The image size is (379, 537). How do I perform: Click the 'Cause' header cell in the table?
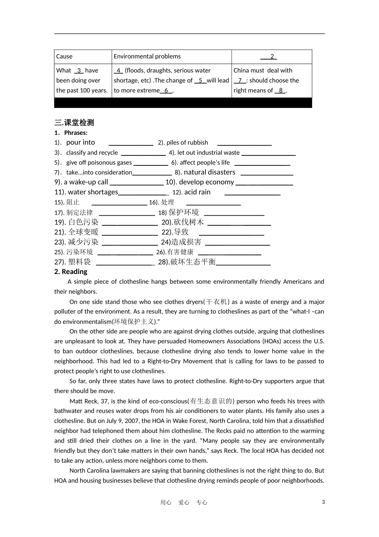click(65, 57)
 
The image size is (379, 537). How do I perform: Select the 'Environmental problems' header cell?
click(147, 57)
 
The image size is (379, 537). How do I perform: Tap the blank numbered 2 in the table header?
click(272, 57)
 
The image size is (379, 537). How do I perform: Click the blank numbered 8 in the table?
click(280, 91)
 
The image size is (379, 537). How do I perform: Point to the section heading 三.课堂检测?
click(74, 123)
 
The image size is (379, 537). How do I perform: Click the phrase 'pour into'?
click(81, 143)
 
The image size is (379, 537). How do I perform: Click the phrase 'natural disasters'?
click(209, 173)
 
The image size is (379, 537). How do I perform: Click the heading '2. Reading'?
click(71, 272)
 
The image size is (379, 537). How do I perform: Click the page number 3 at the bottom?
click(324, 502)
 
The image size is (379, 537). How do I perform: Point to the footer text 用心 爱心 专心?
click(184, 503)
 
